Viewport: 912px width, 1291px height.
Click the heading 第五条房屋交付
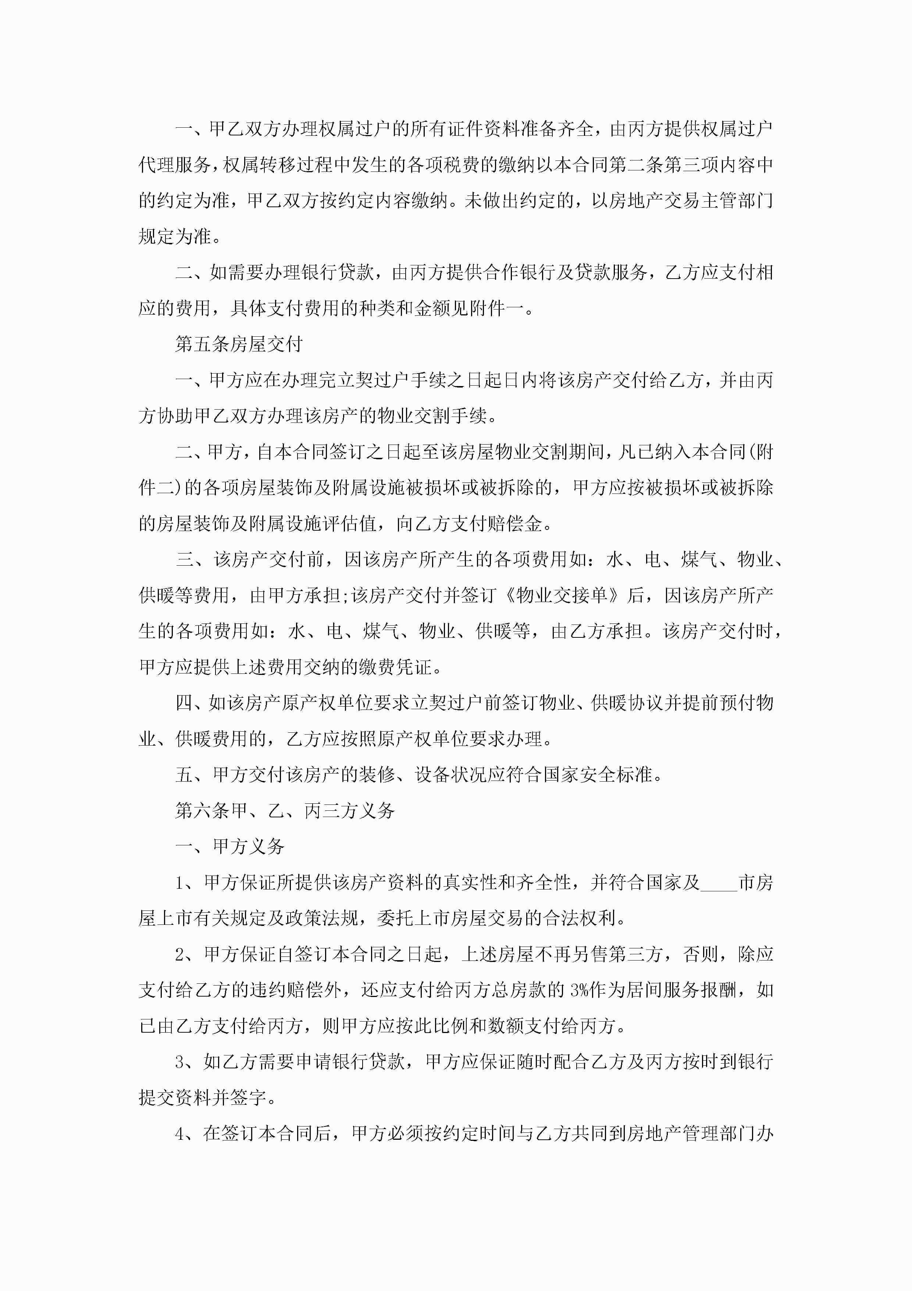[239, 344]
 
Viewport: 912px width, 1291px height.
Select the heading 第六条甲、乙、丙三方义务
[285, 810]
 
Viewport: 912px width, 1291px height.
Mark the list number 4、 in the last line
[188, 1133]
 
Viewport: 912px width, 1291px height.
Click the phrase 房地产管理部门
[691, 1133]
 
